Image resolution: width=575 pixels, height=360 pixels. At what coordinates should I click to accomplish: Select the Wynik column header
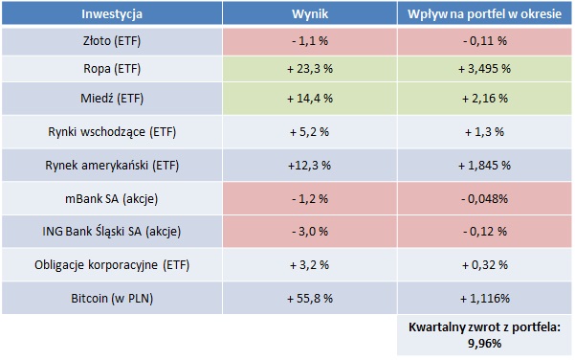point(309,14)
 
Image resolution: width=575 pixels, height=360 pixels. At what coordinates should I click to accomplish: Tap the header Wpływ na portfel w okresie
point(483,14)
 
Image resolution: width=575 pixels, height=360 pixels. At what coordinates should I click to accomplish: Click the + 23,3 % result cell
point(309,70)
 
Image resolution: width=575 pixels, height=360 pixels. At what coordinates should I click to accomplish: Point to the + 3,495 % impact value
point(483,70)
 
